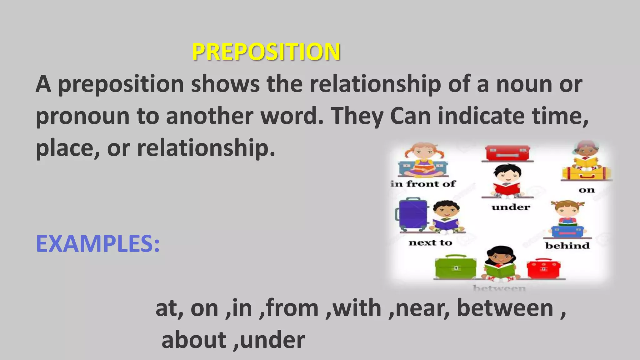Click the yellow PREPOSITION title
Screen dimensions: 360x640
(266, 52)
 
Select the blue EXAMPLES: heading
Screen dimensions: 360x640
(98, 244)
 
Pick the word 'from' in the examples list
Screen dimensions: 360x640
(292, 308)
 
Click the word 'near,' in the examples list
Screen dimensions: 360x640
(422, 308)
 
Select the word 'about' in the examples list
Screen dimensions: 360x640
(194, 340)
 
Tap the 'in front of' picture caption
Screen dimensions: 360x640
(423, 184)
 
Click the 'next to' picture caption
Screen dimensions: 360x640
(430, 243)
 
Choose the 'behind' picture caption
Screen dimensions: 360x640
(567, 246)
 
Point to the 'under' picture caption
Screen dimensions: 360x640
(511, 207)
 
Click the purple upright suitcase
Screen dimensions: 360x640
(412, 214)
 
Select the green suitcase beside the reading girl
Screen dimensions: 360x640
(456, 267)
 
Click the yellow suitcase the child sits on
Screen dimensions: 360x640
(586, 173)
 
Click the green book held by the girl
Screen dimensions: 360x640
(499, 269)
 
